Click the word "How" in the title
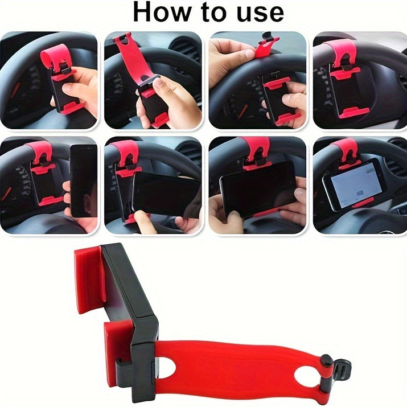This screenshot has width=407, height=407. click(x=162, y=12)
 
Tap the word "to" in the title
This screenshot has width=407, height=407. click(x=215, y=13)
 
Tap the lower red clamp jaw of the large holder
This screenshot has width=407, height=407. click(x=118, y=353)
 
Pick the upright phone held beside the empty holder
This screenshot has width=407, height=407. click(x=84, y=181)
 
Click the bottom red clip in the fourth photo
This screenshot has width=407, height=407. click(x=354, y=112)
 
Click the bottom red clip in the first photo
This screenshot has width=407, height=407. click(x=72, y=108)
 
